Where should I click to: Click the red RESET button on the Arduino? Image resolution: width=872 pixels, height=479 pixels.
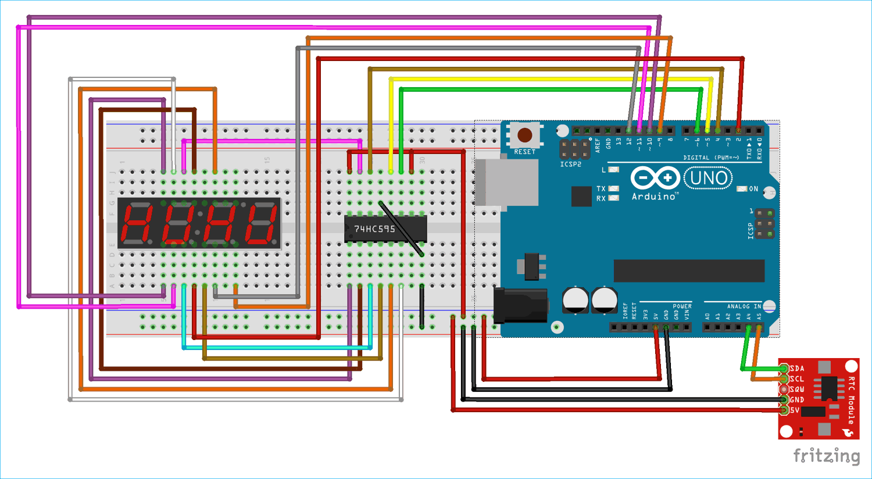(x=524, y=135)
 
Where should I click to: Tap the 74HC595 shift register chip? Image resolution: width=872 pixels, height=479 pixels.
(x=385, y=229)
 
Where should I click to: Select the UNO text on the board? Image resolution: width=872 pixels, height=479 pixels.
(x=708, y=178)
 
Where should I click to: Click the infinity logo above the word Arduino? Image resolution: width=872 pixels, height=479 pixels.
(x=655, y=178)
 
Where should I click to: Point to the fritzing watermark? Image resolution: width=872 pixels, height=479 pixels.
(x=826, y=455)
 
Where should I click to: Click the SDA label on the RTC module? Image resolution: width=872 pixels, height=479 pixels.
(x=797, y=369)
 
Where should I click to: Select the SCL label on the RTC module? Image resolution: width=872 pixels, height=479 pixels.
(x=797, y=379)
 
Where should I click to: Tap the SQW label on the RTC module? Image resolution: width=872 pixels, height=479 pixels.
(x=797, y=389)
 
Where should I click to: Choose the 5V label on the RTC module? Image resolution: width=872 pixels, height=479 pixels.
(x=795, y=410)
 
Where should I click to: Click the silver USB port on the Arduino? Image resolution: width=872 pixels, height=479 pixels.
(x=506, y=183)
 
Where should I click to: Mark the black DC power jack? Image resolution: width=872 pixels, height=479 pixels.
(x=520, y=305)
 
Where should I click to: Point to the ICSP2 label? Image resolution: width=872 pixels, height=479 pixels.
(x=570, y=165)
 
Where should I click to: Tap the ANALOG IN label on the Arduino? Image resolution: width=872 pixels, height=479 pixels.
(x=744, y=306)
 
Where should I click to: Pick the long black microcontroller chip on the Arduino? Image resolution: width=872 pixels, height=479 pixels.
(x=689, y=271)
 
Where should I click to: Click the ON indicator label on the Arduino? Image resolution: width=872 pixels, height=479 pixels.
(x=753, y=189)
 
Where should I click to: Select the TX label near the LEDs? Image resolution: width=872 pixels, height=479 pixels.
(x=601, y=189)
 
